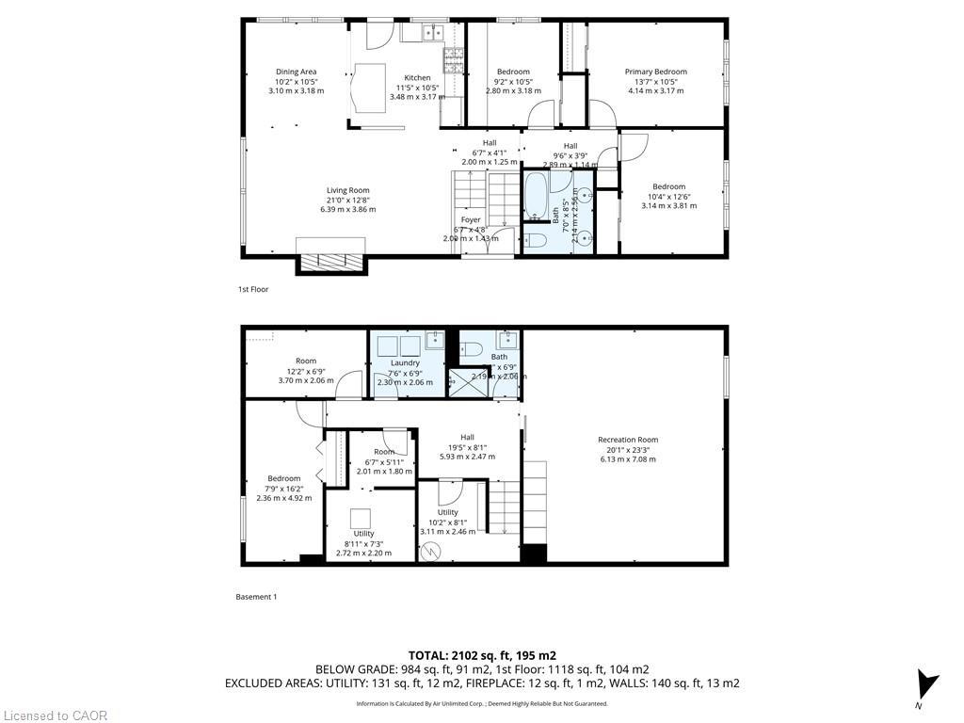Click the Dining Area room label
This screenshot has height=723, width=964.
point(296,72)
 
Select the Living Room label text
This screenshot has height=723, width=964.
point(347,190)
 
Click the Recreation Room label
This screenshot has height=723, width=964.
point(627,440)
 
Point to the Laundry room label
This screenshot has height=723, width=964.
point(405,362)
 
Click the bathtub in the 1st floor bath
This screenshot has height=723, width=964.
point(535,194)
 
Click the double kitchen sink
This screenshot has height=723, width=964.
point(429,33)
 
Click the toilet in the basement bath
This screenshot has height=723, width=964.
point(472,349)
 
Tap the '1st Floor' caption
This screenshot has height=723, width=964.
point(253,289)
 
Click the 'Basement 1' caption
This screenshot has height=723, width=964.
point(257,596)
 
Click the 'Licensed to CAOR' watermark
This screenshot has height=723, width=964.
point(55,715)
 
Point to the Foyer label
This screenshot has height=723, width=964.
point(471,219)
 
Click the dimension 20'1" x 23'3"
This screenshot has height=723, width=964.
point(627,449)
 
